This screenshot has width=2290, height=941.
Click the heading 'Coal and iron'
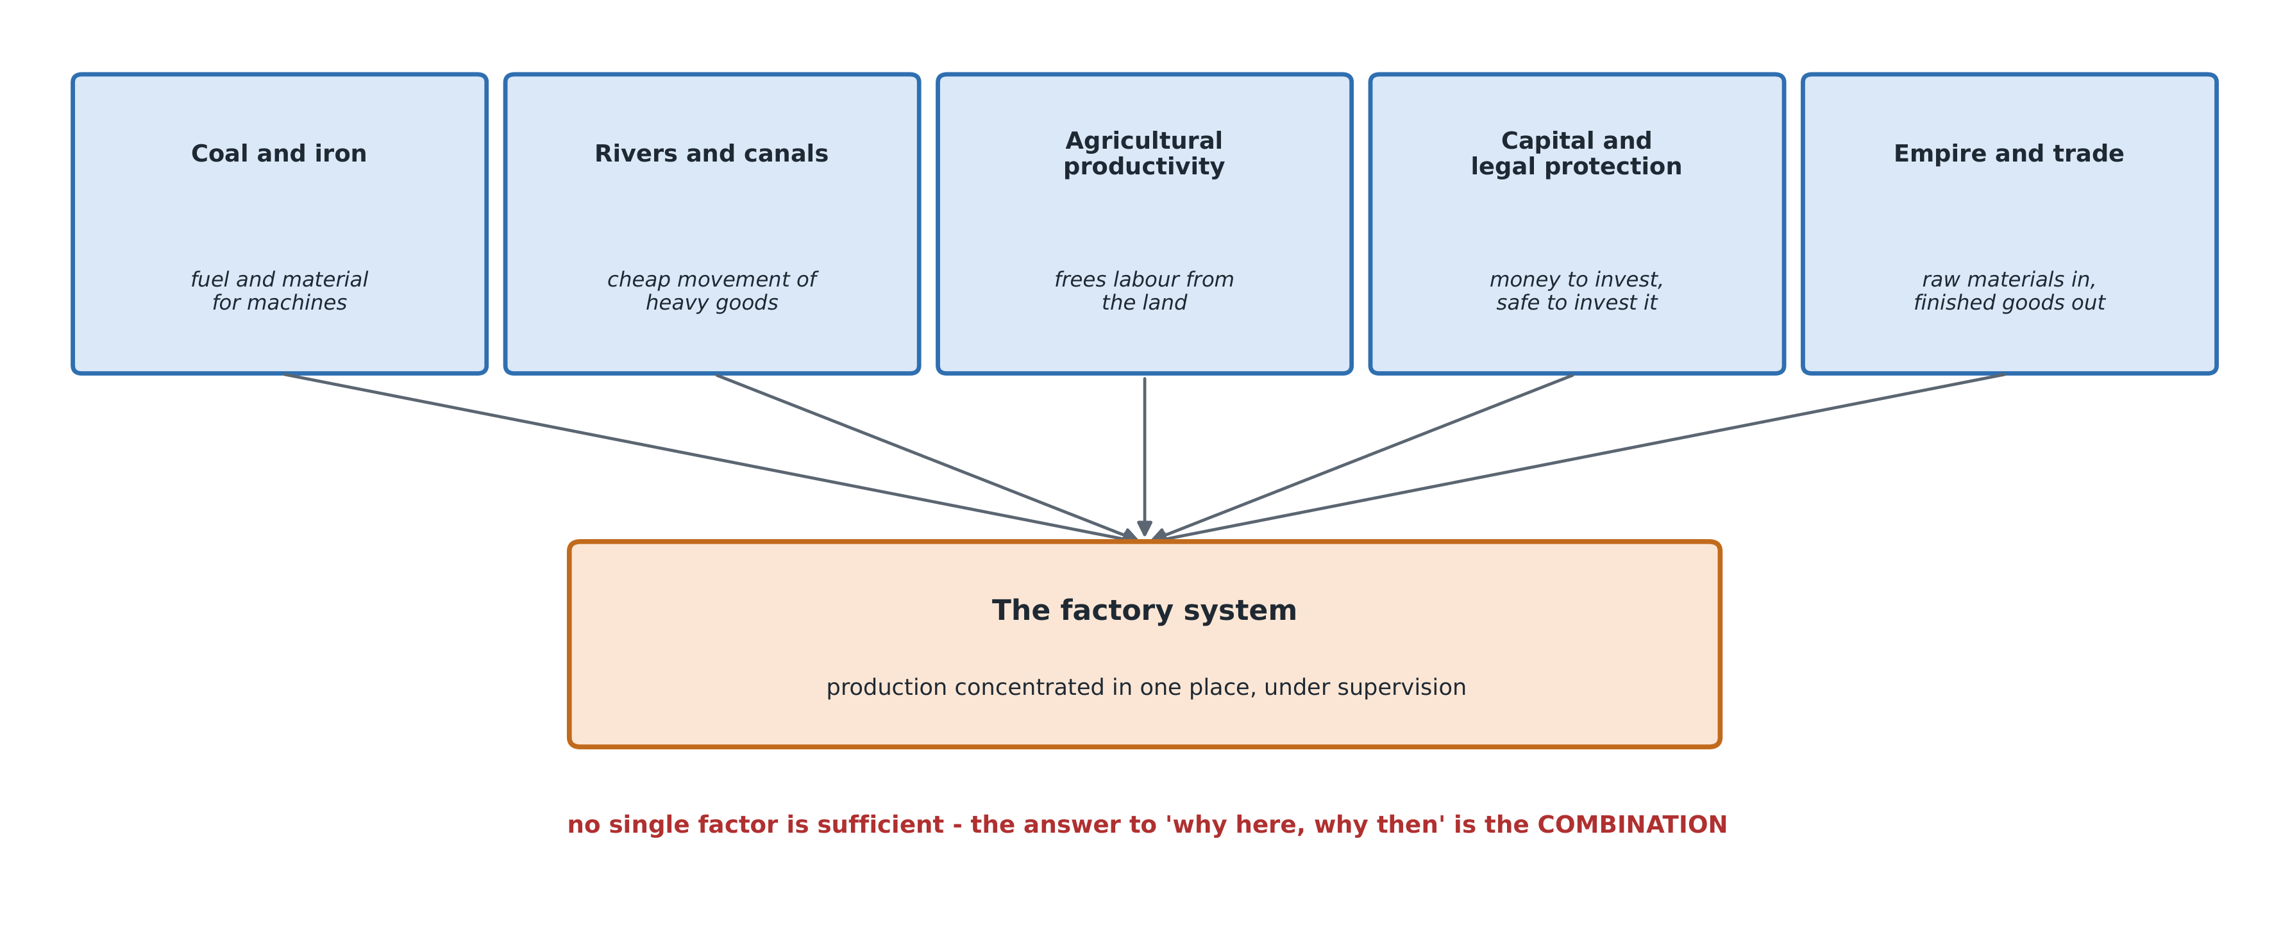coord(279,154)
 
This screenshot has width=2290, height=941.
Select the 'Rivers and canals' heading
coord(711,154)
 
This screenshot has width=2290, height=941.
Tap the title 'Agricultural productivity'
coord(1144,154)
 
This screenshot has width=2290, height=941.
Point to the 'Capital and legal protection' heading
coord(1576,154)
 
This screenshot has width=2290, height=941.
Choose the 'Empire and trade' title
coord(2009,154)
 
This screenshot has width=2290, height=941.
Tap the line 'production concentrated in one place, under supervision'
coord(1146,688)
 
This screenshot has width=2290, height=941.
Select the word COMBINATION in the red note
coord(1632,824)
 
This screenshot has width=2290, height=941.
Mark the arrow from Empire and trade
coord(1579,457)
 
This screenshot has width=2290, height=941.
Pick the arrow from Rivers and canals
coord(926,457)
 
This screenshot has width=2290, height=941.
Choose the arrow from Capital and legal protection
coord(1363,457)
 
